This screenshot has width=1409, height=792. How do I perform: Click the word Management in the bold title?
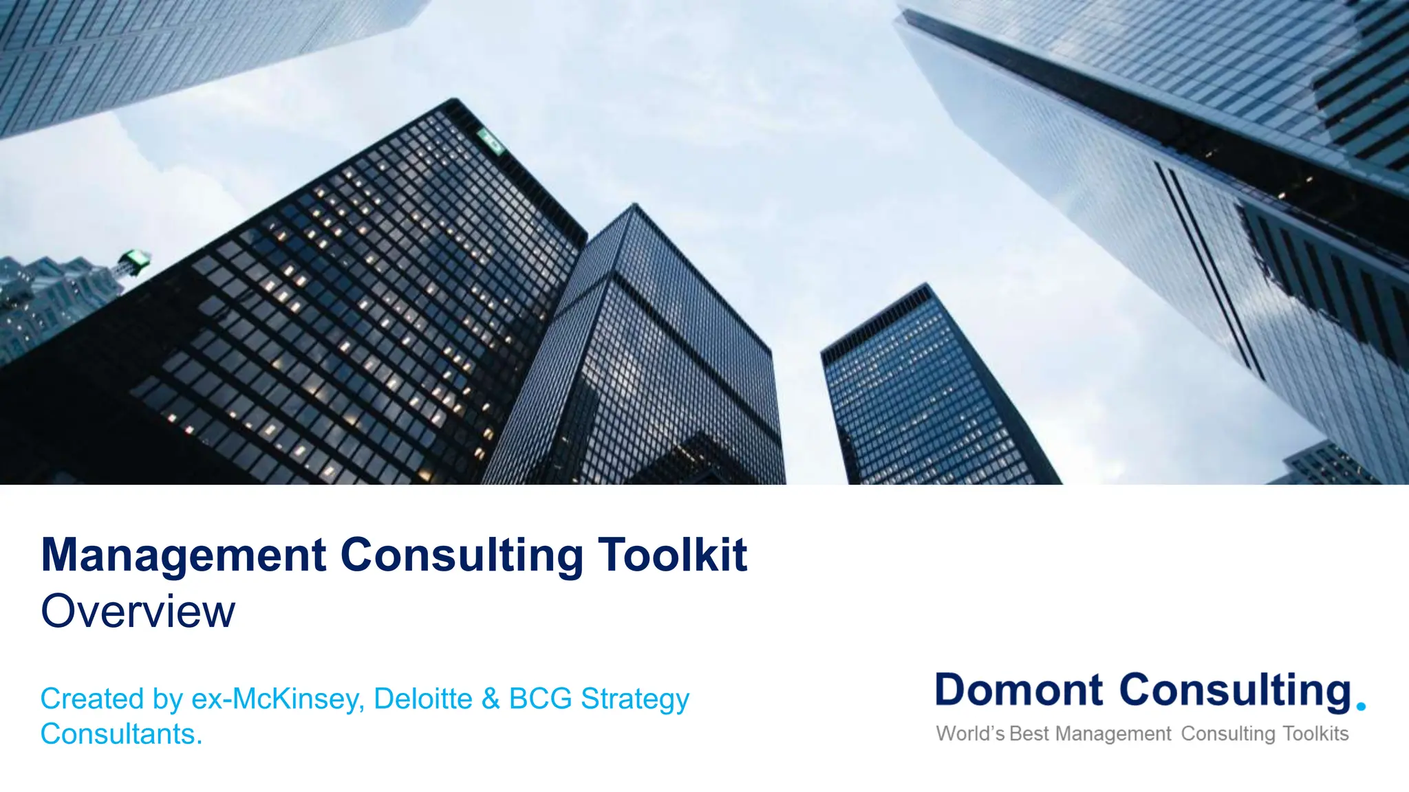184,555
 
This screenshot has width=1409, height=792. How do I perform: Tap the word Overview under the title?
138,610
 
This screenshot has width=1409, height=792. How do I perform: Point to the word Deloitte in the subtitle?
422,698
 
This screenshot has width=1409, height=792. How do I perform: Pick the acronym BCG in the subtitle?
540,698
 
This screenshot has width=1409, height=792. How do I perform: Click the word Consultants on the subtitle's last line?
121,734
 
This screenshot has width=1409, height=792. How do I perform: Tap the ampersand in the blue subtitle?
491,698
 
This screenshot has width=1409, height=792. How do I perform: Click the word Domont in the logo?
1019,690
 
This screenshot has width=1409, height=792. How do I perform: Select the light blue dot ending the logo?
1360,705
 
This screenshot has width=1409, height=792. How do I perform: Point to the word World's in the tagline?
970,734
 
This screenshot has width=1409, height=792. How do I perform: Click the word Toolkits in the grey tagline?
1315,734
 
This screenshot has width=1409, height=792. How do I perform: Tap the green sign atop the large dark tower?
491,140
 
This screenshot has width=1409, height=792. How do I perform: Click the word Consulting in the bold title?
462,555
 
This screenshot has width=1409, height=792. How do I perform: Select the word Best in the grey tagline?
1029,734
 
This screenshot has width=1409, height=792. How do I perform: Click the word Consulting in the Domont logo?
1236,691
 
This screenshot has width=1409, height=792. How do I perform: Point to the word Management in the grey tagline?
1112,734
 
